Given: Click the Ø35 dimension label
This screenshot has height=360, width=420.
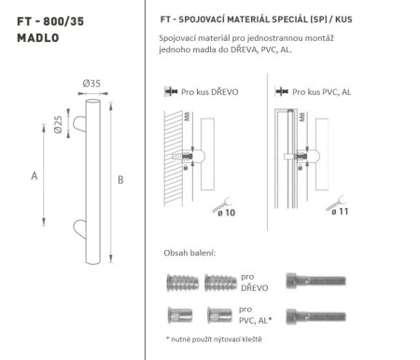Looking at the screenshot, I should click(x=91, y=83).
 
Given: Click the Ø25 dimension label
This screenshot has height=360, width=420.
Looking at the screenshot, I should click(x=57, y=126).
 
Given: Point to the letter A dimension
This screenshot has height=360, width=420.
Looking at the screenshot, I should click(x=35, y=174).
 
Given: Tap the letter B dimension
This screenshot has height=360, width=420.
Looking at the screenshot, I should click(x=121, y=179).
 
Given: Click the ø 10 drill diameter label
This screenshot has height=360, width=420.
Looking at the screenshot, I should click(x=229, y=213).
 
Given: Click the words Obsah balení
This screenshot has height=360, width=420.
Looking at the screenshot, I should click(x=189, y=253).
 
